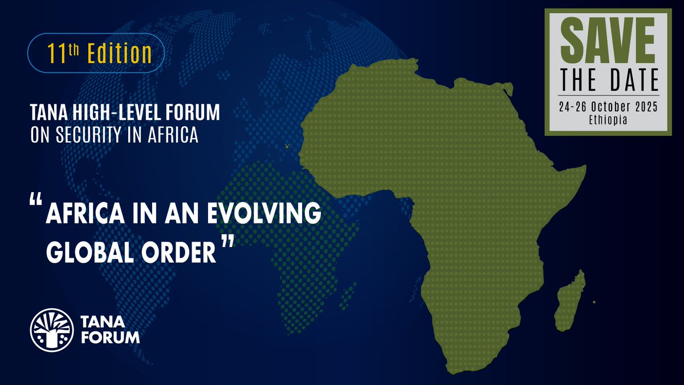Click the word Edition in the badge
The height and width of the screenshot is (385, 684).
pyautogui.click(x=119, y=54)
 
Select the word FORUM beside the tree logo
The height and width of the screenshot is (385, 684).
pyautogui.click(x=109, y=337)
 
